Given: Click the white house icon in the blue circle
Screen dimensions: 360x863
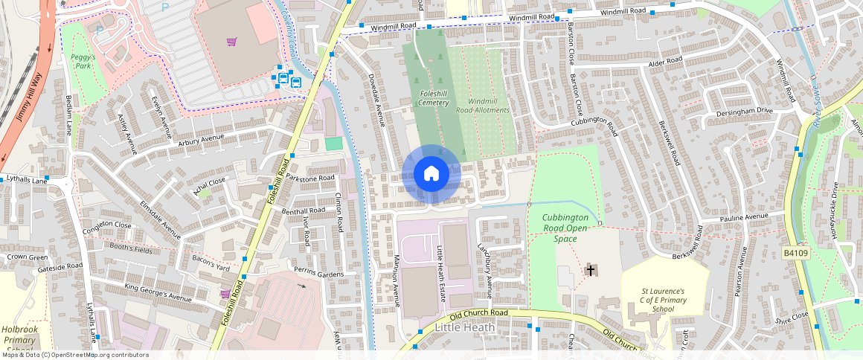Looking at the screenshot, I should click(431, 174).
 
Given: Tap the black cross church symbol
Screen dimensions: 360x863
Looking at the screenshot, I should click(591, 270).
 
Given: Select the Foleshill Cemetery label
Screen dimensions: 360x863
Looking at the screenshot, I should click(434, 98).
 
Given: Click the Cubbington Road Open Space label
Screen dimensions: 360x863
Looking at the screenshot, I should click(565, 228).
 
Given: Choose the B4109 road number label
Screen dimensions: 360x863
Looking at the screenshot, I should click(797, 254).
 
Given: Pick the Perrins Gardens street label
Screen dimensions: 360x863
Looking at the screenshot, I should click(318, 272).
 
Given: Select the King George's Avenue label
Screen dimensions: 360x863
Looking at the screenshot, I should click(158, 293).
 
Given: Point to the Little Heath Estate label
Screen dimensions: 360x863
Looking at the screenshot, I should click(440, 273).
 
